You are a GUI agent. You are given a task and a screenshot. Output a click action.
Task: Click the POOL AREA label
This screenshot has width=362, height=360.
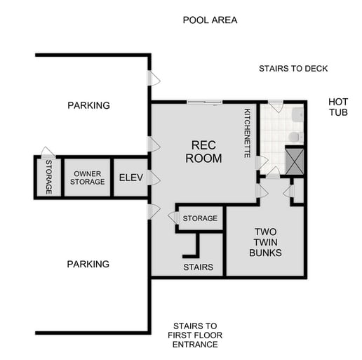[210, 20]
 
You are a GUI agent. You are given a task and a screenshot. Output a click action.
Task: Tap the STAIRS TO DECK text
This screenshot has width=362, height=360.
[293, 69]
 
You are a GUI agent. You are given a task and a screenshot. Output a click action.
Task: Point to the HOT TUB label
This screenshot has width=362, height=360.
[338, 107]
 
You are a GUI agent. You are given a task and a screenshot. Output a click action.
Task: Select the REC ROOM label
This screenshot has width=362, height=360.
[203, 152]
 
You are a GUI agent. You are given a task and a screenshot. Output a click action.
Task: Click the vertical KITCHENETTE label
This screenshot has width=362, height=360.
[247, 133]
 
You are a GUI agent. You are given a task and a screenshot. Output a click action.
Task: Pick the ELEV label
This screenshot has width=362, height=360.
[130, 178]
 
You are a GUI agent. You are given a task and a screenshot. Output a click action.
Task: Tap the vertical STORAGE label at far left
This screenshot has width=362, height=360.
[48, 178]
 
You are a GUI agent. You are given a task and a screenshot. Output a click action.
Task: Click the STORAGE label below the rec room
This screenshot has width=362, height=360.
[200, 219]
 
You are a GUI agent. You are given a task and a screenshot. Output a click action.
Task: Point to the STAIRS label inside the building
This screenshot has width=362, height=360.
[198, 267]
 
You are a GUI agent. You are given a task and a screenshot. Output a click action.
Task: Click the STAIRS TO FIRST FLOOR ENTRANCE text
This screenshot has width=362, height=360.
[195, 335]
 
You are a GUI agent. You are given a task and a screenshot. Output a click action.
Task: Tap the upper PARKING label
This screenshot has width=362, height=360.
[88, 106]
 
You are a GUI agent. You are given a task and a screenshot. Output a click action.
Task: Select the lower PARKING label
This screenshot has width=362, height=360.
[88, 265]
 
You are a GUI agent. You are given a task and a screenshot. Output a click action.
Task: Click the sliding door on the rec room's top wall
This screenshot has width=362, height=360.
[204, 102]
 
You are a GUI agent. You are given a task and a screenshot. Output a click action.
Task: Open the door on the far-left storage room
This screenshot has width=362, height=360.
[46, 152]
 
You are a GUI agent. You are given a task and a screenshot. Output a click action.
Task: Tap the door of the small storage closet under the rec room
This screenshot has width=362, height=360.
[172, 218]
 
